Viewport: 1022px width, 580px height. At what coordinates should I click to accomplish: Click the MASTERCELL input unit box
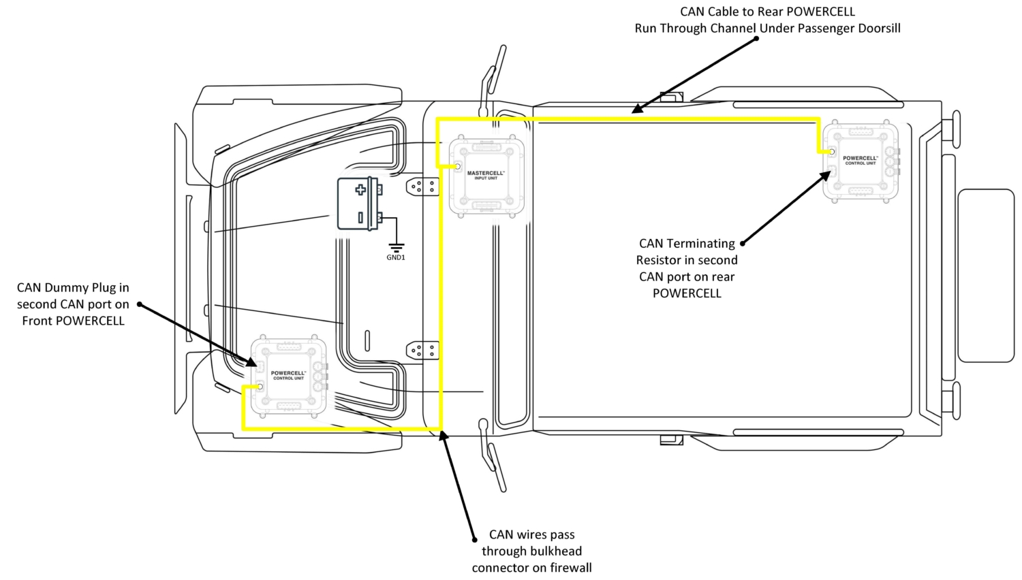pos(486,176)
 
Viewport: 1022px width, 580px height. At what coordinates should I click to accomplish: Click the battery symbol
pos(359,203)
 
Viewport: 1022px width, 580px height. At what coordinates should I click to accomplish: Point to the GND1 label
pos(396,257)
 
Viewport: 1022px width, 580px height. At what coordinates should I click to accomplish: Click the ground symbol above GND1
pos(397,246)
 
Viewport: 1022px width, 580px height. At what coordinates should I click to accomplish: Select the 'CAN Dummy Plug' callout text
pos(73,304)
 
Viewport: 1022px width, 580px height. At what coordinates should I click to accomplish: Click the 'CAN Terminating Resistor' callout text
pos(687,268)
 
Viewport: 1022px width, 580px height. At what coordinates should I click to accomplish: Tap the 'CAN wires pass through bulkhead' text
pos(531,551)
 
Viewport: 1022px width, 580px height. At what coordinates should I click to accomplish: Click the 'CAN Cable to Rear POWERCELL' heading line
pos(767,12)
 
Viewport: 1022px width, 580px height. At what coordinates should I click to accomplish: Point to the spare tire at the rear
pos(985,275)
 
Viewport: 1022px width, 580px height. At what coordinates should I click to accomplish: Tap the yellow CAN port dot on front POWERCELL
pos(260,387)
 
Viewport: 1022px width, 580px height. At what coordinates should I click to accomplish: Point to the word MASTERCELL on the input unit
pos(486,173)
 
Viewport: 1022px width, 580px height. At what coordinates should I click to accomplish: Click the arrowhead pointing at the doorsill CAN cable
pos(636,109)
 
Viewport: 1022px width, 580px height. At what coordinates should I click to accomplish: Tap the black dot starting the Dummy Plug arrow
pos(139,304)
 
